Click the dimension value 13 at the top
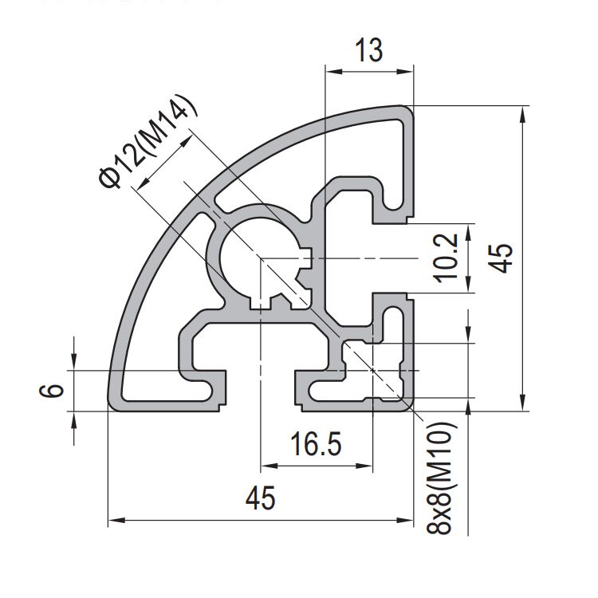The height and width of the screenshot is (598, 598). point(368,50)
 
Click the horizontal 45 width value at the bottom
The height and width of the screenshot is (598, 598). point(260,498)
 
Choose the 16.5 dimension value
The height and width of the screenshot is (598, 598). point(317,444)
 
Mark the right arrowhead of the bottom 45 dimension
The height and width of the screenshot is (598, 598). point(407,521)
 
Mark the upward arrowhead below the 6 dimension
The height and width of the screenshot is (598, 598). point(74,419)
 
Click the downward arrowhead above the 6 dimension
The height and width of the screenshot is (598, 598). point(74,364)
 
